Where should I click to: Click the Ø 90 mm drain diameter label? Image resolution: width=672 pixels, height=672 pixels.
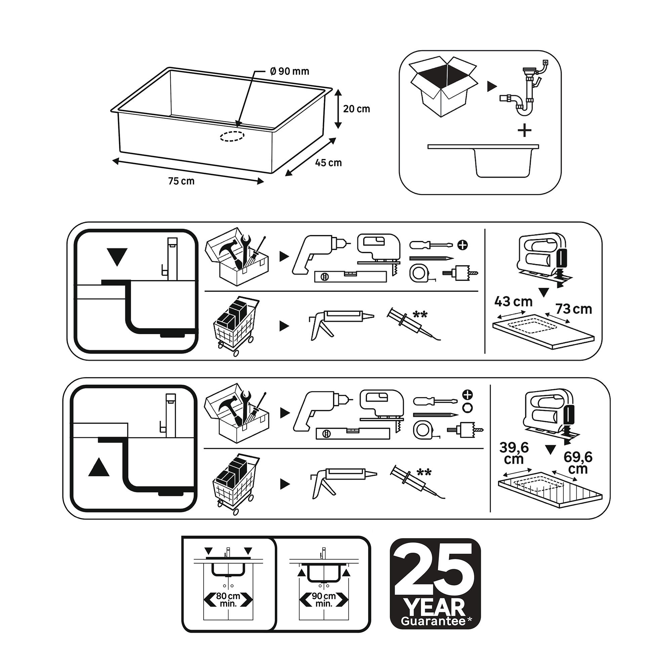(x=289, y=71)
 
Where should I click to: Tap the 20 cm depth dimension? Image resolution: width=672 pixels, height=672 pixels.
(x=356, y=109)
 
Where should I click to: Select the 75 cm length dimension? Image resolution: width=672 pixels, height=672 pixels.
(x=181, y=181)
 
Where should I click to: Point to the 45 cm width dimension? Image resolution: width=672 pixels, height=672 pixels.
(x=328, y=163)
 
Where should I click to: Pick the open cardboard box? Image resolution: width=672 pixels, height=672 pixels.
(x=444, y=86)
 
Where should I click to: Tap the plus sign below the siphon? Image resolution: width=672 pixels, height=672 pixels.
(x=524, y=131)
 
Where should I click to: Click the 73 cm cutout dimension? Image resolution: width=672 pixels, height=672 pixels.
(x=574, y=309)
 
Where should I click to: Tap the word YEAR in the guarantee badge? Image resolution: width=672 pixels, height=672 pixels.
(x=435, y=606)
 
